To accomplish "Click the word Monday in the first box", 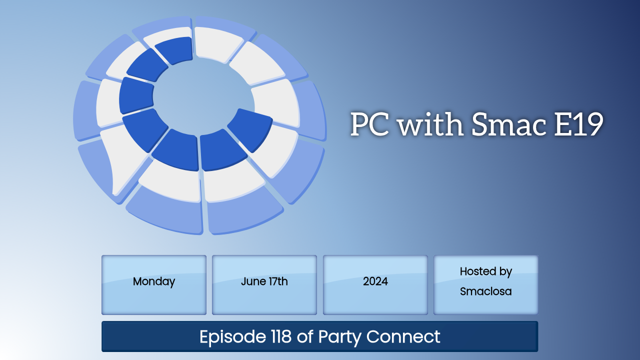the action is coord(154,281).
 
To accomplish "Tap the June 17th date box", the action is coord(264,285).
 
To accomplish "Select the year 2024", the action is coord(375,281).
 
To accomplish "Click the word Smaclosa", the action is coord(485,291).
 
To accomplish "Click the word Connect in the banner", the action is coord(403,336).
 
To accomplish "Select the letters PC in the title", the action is coord(369,124).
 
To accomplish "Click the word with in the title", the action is coord(430,123).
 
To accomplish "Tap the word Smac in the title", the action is coord(508,124).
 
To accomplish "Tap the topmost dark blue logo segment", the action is coord(174,50).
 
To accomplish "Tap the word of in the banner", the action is coord(305,336).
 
